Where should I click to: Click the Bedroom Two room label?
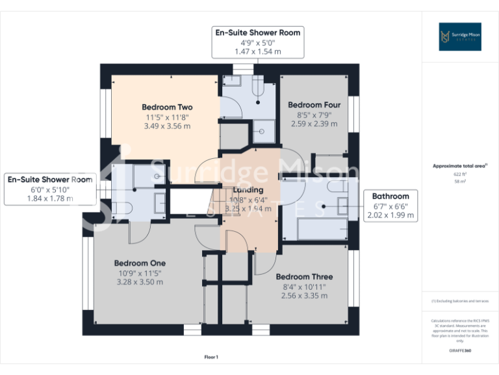tap(167, 107)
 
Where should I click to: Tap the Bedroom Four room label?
tap(314, 105)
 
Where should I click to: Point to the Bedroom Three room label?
tap(304, 277)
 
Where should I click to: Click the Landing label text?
tap(248, 190)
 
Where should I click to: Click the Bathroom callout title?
tap(390, 196)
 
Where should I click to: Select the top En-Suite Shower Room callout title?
tap(258, 32)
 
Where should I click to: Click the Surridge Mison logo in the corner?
tap(460, 36)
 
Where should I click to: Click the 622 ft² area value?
tap(460, 174)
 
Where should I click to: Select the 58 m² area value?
tap(460, 182)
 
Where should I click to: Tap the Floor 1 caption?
tap(211, 357)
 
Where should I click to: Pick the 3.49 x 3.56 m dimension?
tap(167, 126)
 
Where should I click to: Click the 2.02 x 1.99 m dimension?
tap(390, 215)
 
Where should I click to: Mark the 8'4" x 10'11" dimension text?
tap(304, 286)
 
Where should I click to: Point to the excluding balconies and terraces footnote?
tap(460, 301)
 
